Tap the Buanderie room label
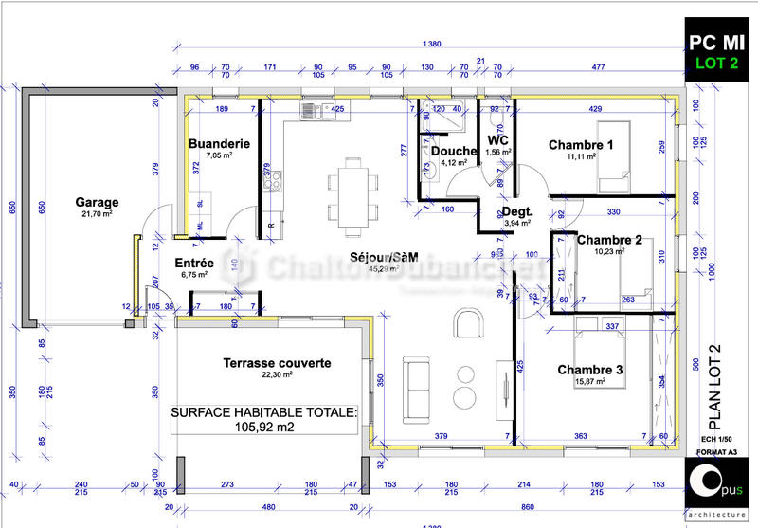tap(219, 144)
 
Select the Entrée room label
tap(194, 263)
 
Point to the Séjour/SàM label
tap(384, 257)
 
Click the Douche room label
tap(452, 151)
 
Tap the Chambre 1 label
tap(581, 145)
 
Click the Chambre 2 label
tap(609, 240)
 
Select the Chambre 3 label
tap(589, 369)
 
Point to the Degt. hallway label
tap(516, 211)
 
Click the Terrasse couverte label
tap(277, 363)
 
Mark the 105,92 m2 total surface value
tap(263, 427)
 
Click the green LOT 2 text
tap(717, 64)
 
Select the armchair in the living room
tap(466, 323)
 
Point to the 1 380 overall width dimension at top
tap(431, 46)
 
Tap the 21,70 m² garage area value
tap(98, 216)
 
